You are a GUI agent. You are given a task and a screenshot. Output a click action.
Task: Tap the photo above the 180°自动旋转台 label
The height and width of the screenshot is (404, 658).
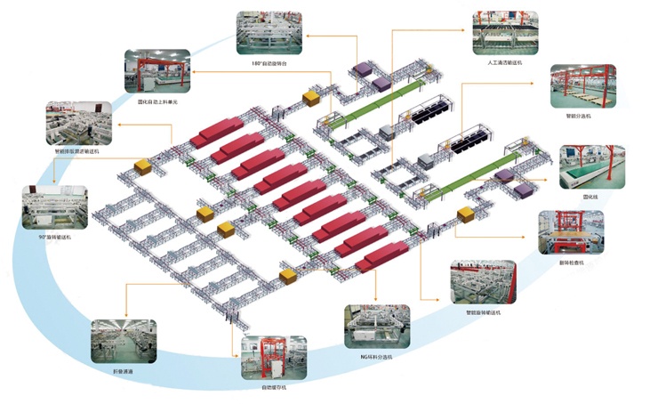269,34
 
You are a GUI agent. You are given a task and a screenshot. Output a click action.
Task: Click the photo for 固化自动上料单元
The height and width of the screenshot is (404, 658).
157,72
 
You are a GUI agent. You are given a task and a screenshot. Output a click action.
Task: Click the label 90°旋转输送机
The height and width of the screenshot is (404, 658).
54,238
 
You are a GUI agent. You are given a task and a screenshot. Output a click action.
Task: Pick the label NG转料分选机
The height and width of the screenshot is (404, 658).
377,356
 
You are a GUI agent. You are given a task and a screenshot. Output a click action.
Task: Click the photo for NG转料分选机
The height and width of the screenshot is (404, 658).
377,327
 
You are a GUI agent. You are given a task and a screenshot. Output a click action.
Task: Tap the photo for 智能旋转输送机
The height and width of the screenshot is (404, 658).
483,282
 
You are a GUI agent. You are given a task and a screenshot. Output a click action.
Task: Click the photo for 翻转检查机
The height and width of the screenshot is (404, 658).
571,232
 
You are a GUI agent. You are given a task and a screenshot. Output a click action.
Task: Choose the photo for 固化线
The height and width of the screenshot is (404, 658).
591,166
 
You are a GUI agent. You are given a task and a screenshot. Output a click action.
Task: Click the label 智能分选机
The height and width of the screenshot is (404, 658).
583,116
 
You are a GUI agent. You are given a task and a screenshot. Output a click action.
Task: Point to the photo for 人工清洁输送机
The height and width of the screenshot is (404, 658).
504,34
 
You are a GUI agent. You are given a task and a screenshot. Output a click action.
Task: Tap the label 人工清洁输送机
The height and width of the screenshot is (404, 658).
504,64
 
